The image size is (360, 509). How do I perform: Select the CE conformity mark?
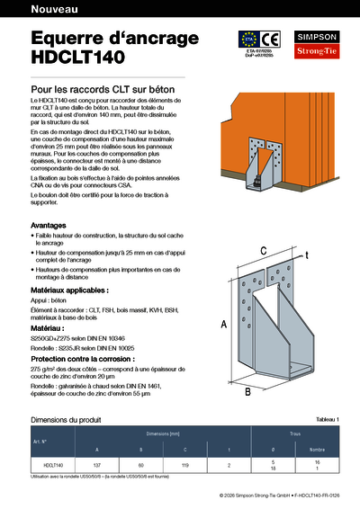pos(271,39)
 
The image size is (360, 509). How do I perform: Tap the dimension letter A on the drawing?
pos(223,324)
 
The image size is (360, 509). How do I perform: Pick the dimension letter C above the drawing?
pos(264,250)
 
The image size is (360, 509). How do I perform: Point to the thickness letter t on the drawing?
pos(306,256)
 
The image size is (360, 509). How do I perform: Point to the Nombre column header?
pos(317,448)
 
